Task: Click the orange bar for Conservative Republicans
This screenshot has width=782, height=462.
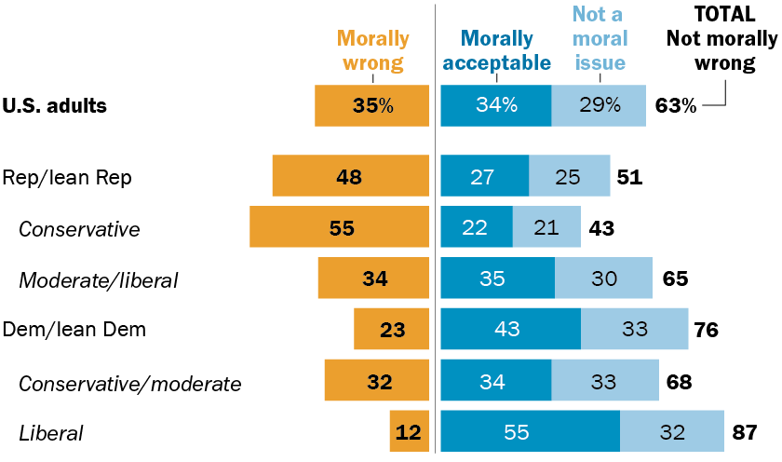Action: [339, 227]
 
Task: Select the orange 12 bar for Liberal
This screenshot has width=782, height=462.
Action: [410, 432]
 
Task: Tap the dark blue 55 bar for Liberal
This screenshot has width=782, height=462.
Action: [530, 432]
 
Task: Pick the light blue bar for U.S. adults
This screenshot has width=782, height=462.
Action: [599, 105]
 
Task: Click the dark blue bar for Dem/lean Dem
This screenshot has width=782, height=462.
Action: [510, 329]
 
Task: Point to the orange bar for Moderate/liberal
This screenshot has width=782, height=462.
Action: [373, 278]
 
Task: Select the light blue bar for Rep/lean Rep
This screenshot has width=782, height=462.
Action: [570, 176]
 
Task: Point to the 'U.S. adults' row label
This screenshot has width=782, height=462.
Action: [55, 105]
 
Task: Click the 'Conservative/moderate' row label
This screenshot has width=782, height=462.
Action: [129, 383]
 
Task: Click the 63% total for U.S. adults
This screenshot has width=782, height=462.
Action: [675, 105]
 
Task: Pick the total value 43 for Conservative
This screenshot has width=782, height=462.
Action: [600, 227]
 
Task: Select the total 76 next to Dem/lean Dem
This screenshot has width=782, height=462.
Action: [706, 329]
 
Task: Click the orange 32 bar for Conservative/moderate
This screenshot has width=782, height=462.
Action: [377, 381]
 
